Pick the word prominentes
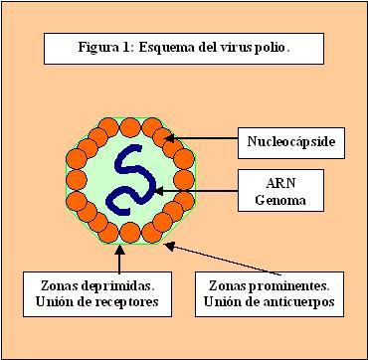(x=289, y=284)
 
